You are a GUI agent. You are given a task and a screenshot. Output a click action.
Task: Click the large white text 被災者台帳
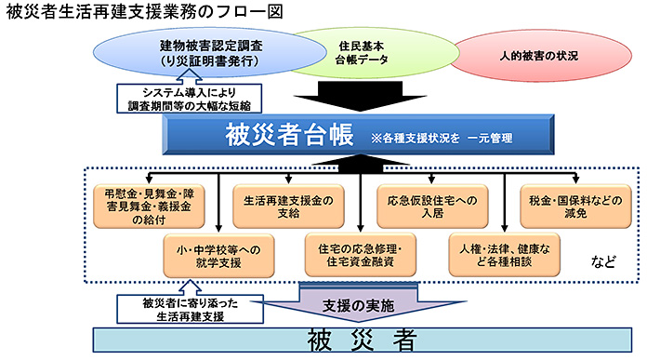pyautogui.click(x=288, y=136)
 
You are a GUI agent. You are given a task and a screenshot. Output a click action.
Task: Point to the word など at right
pyautogui.click(x=605, y=262)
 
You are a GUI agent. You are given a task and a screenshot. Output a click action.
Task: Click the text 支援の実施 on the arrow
pyautogui.click(x=359, y=305)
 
